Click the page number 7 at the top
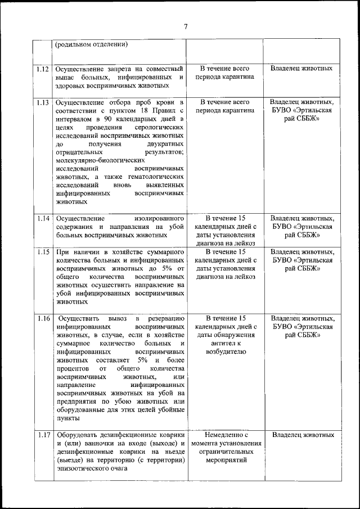click(186, 25)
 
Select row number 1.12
click(42, 69)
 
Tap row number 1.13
click(42, 102)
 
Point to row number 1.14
click(42, 218)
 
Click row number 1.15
click(42, 252)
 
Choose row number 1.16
click(42, 319)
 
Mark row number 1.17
click(42, 435)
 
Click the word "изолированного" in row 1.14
click(160, 218)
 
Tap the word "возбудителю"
click(226, 352)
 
